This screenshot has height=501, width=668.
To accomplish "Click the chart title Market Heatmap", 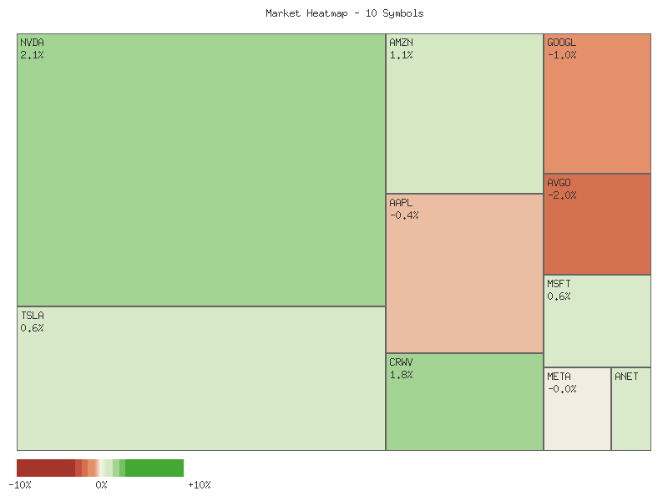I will [x=345, y=13].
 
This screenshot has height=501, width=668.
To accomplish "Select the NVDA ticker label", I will [x=33, y=43].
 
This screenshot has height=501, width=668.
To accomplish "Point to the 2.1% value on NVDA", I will [x=33, y=55].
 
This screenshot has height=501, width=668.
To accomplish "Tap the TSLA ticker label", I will [x=33, y=316].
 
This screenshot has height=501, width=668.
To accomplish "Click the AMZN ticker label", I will [x=401, y=43].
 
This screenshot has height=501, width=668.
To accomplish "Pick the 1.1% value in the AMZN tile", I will [x=401, y=55].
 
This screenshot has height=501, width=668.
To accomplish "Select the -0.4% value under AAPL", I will [x=404, y=215].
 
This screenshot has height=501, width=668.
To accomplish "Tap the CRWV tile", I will [x=464, y=409].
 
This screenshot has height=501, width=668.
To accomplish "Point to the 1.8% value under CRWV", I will [x=401, y=375].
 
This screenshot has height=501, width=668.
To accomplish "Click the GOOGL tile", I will [x=597, y=109].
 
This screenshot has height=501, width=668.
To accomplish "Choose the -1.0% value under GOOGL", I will [x=562, y=55].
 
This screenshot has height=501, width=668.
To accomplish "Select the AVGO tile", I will [x=597, y=230].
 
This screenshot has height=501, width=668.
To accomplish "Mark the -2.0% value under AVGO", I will [x=562, y=195].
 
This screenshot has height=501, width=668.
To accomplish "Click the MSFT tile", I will [x=597, y=326].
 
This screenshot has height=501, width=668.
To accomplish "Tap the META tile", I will [x=577, y=413].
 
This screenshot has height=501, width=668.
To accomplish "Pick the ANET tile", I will [x=631, y=413].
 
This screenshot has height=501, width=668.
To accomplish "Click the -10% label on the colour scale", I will [x=20, y=485].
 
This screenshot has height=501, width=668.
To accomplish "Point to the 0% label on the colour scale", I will [x=101, y=485].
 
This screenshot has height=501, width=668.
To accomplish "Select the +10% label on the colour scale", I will [x=199, y=485].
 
